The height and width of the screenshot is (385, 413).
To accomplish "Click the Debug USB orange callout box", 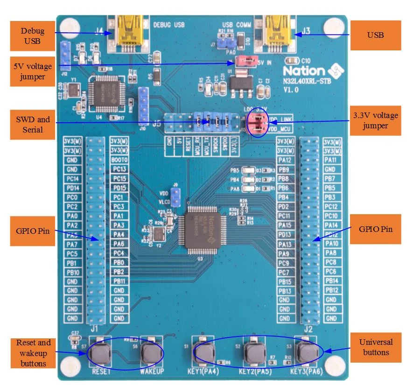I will click(32, 36).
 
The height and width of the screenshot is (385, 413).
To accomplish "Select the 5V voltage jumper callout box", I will click(32, 71).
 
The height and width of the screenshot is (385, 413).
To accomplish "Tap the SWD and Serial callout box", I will click(32, 125).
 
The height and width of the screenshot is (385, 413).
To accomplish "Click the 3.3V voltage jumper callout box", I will click(375, 120).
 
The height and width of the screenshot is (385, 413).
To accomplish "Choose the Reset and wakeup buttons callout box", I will click(32, 353).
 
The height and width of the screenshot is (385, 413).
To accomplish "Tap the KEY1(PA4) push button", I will click(204, 353).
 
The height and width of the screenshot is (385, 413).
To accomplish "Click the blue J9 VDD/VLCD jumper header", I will click(175, 198).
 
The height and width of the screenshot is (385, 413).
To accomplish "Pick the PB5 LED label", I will click(234, 170).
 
